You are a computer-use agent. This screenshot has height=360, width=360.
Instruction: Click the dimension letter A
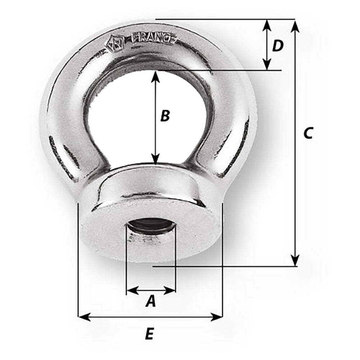(151, 301)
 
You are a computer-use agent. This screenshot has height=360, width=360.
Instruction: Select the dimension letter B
(165, 116)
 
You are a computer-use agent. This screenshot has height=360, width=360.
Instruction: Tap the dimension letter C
(308, 133)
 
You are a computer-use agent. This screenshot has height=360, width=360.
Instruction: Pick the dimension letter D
(278, 46)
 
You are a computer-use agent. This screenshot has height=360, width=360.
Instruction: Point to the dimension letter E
(149, 334)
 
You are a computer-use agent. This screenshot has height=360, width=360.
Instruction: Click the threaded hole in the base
(150, 227)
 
